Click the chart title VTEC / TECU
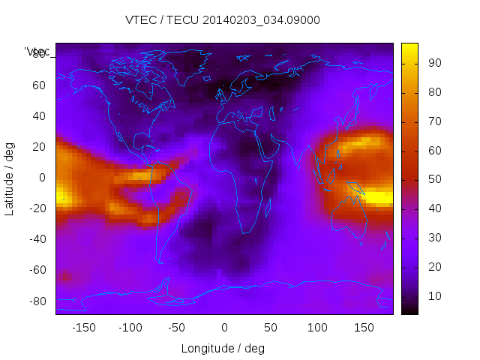(x=223, y=20)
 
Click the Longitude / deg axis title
(x=223, y=349)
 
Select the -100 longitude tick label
(x=130, y=328)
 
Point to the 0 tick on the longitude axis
(x=223, y=328)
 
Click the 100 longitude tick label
(x=317, y=328)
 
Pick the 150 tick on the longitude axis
(x=364, y=328)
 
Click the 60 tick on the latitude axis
(x=39, y=85)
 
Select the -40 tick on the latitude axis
(x=36, y=239)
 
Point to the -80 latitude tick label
(x=36, y=301)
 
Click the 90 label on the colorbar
(x=434, y=63)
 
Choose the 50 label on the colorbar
(x=434, y=180)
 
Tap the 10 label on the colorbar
(x=434, y=297)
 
